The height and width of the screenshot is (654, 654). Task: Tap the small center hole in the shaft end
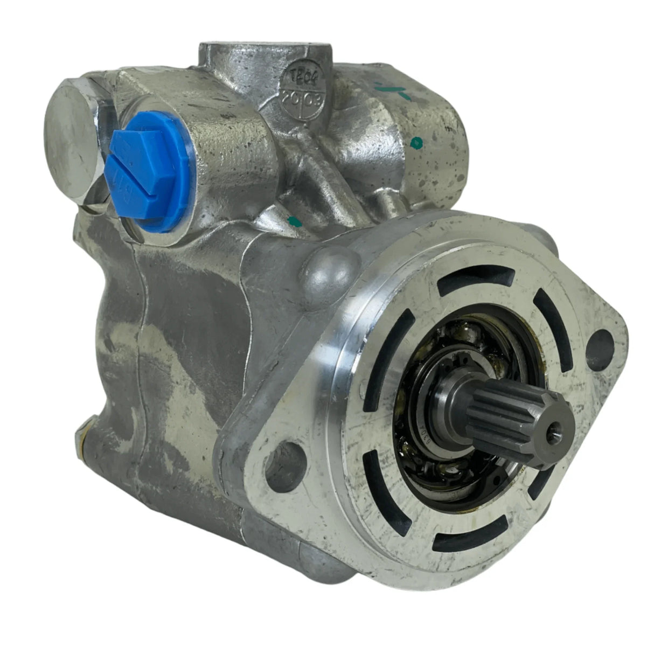554,430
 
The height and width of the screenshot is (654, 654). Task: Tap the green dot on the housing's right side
415,143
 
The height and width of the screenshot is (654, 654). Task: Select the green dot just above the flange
294,220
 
